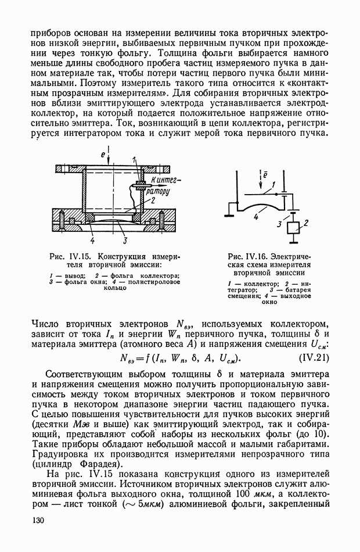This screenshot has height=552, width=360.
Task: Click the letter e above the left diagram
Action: click(x=102, y=156)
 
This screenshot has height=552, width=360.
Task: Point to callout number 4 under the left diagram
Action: click(x=92, y=238)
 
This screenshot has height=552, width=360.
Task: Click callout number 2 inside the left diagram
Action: click(x=153, y=199)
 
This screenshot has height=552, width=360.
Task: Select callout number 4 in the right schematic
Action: click(x=255, y=216)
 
